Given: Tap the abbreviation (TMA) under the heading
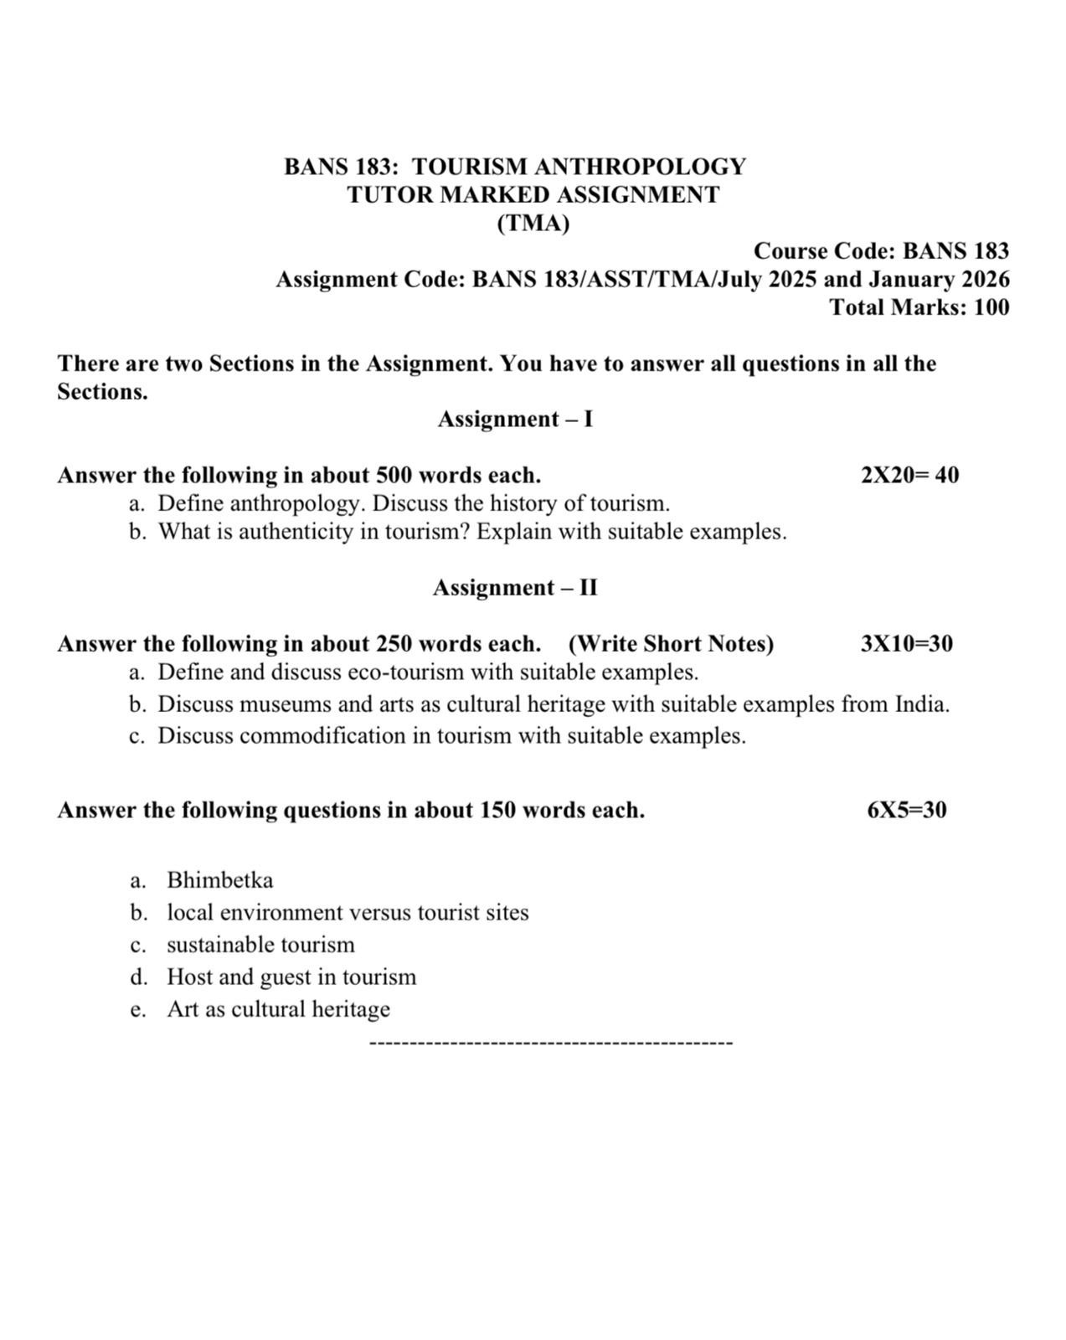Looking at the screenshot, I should coord(533,224).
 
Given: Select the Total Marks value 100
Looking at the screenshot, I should coord(991,307).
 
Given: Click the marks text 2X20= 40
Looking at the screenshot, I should coord(909,476).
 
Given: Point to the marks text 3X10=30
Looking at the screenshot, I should coord(906,644).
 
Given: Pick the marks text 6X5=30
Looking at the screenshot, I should coord(907,810).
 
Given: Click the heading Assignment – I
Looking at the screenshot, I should coord(515,419).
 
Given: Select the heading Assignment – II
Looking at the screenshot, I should coord(515,588).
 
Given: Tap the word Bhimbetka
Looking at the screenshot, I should coord(219,880).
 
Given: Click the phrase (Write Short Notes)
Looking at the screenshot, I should coord(671,644).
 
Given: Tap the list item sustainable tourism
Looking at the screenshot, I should coord(260,945).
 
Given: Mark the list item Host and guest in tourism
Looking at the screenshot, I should coord(291,977).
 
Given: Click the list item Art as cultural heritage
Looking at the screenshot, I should coord(278,1009).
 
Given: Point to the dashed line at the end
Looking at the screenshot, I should coord(550,1043).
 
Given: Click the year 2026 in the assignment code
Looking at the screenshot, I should coord(985,280).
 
